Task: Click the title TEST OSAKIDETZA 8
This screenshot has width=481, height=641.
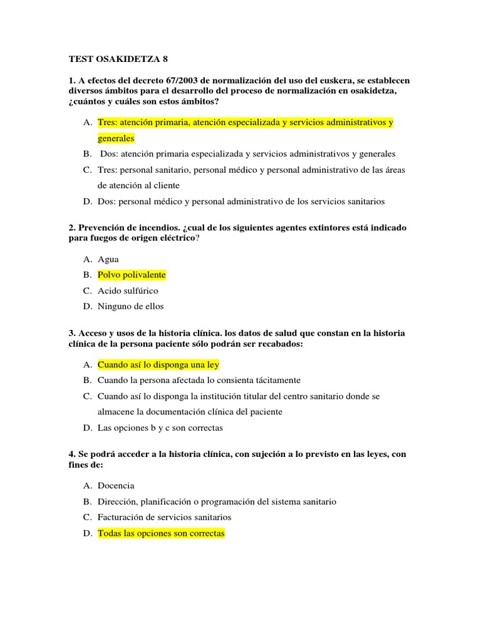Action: tap(118, 59)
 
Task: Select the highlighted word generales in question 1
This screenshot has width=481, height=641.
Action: tap(116, 138)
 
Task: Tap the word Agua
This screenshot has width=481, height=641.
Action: tap(108, 259)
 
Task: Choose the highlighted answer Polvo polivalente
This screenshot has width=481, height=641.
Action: tap(132, 275)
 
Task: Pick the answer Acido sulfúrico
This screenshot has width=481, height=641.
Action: tap(128, 290)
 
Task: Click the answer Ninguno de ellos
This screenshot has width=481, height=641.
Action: tap(130, 306)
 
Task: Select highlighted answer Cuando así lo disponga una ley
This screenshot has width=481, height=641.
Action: tap(158, 364)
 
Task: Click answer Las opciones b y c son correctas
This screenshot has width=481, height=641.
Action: tap(160, 428)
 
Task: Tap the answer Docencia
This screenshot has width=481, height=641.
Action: tap(116, 486)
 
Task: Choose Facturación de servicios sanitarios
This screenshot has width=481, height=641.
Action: tap(165, 517)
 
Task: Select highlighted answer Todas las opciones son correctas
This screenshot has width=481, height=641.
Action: tap(161, 533)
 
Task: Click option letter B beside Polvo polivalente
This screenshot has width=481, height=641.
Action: tap(87, 275)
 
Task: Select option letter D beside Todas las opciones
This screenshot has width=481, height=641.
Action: tap(87, 533)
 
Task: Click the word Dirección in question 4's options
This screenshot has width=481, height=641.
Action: tap(118, 501)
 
